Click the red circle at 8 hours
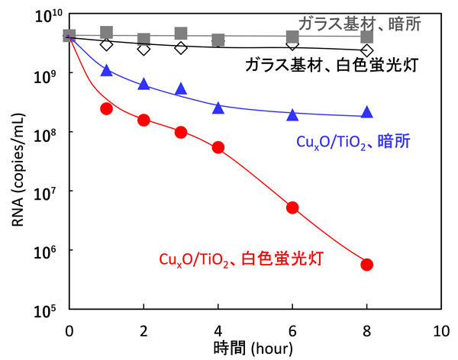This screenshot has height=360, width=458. click(366, 265)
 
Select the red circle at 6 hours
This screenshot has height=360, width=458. click(292, 207)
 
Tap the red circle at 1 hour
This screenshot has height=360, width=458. click(107, 108)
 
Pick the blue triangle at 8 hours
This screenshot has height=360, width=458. click(366, 112)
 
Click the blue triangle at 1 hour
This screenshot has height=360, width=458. click(107, 70)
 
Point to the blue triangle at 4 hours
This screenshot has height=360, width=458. click(218, 108)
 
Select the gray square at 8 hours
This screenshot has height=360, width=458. click(366, 37)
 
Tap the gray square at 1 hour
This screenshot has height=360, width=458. click(107, 32)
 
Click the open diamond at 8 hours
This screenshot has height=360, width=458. click(366, 50)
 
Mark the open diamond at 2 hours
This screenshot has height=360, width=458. click(144, 49)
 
